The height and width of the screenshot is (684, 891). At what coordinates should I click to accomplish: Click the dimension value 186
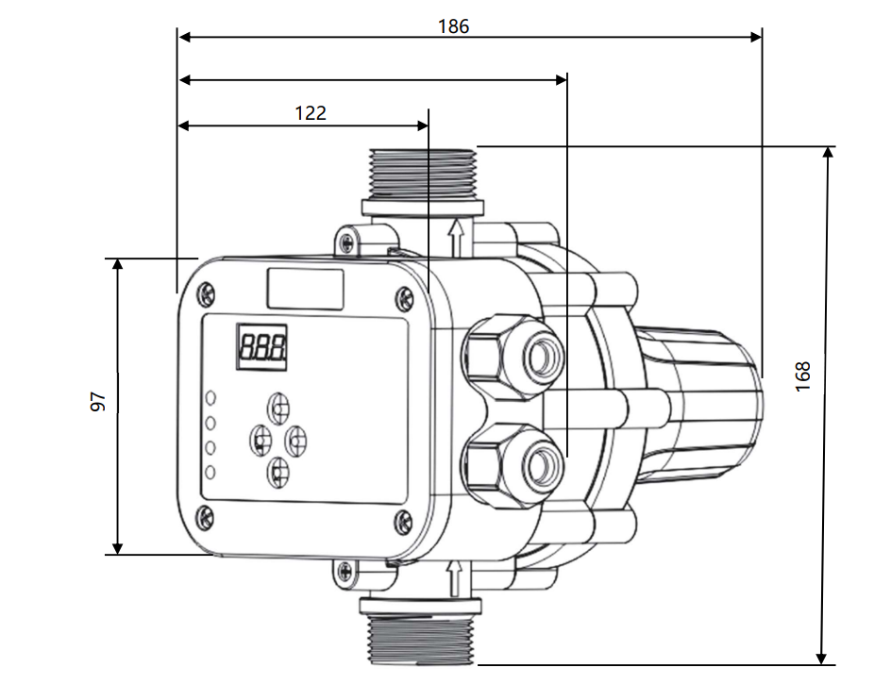click(453, 26)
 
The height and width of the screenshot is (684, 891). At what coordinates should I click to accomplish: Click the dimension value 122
click(311, 113)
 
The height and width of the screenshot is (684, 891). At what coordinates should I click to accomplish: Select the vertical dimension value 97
click(97, 403)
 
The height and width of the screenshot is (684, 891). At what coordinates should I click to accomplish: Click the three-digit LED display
click(261, 348)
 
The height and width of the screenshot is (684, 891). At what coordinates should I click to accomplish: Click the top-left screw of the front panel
click(205, 296)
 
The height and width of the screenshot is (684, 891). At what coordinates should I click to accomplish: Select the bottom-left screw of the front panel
click(204, 516)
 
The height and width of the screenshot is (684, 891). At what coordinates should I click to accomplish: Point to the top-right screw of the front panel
click(404, 300)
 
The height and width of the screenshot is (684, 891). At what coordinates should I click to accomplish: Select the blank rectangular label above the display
click(305, 288)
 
